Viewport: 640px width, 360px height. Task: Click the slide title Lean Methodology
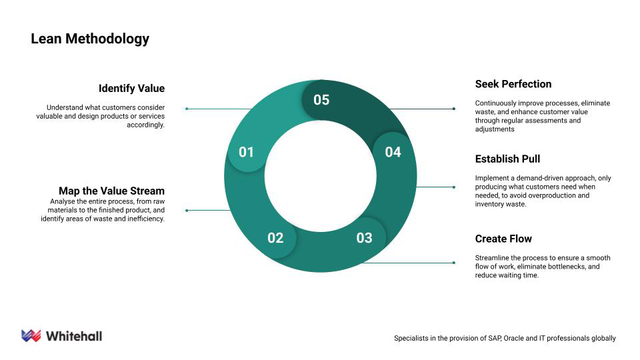click(x=90, y=39)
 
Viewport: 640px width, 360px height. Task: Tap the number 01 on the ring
click(x=246, y=152)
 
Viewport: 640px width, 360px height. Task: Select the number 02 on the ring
click(x=275, y=238)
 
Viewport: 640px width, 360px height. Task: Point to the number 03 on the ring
click(x=364, y=238)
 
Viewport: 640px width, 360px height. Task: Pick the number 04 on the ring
click(x=393, y=152)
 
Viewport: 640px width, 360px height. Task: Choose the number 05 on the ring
click(x=321, y=100)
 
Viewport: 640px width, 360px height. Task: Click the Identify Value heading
click(x=131, y=89)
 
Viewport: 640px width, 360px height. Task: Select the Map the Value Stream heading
click(x=111, y=191)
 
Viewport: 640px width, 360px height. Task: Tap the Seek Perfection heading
click(x=513, y=84)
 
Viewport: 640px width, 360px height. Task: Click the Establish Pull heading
click(x=507, y=159)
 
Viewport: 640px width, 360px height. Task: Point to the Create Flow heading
click(x=503, y=239)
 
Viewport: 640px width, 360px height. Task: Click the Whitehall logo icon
click(x=31, y=335)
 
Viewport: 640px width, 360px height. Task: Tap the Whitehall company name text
click(x=74, y=336)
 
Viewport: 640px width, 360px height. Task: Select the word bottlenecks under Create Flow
click(x=565, y=267)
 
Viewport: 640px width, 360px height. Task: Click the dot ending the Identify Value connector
click(x=187, y=109)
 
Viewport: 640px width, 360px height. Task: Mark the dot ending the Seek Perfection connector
click(x=454, y=109)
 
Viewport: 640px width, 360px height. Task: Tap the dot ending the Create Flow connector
click(x=454, y=263)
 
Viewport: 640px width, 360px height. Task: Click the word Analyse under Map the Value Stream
click(x=63, y=201)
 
